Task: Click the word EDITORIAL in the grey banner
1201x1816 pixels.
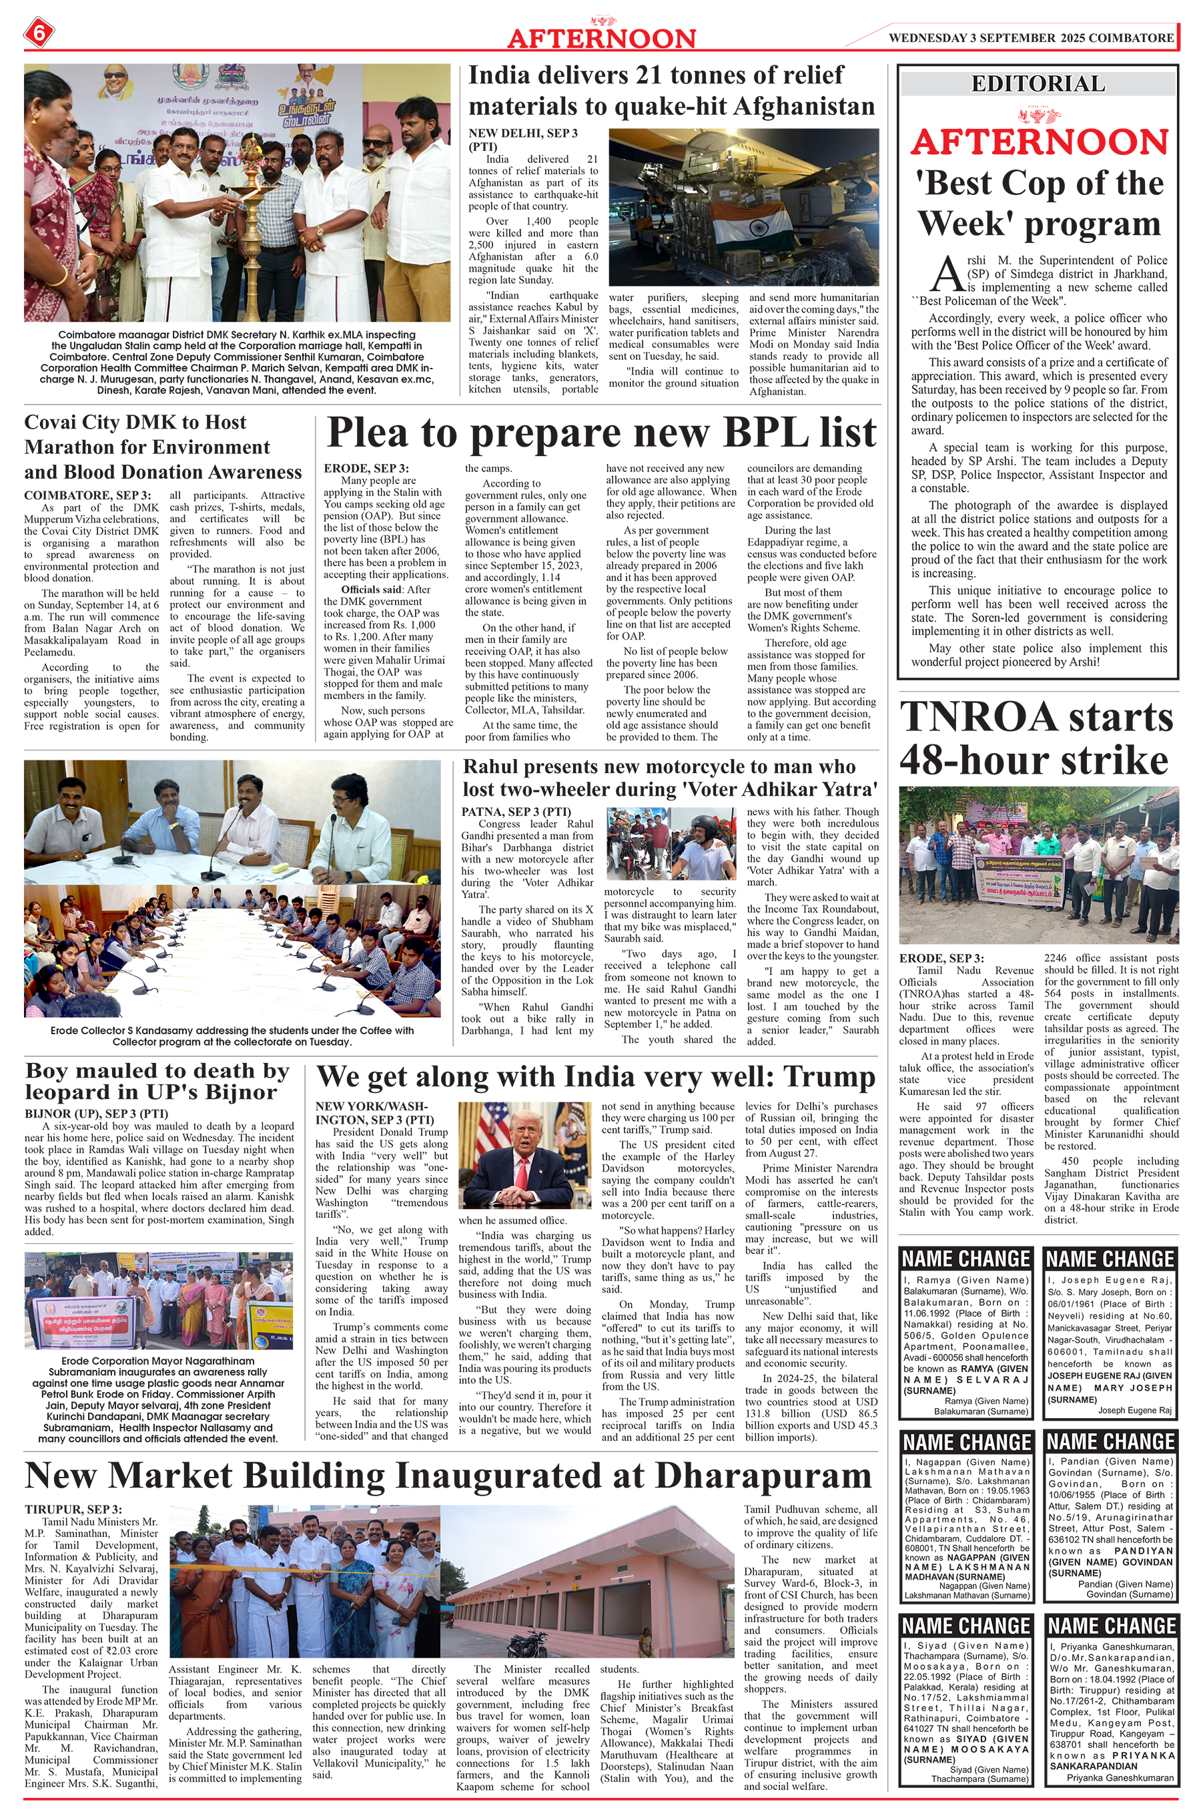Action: point(1038,83)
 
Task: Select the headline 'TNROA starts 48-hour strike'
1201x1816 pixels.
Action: point(1036,738)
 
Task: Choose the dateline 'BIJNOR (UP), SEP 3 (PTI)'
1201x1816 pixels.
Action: point(97,1114)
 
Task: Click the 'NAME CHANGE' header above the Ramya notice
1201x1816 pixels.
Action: point(966,1259)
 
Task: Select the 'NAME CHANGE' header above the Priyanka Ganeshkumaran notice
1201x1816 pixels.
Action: point(1112,1626)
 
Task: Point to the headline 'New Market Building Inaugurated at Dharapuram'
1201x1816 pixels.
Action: point(448,1475)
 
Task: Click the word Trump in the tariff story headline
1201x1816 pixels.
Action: point(833,1076)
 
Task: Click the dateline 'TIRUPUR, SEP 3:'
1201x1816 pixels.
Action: point(73,1509)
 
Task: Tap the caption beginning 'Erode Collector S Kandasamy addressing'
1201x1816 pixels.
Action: point(232,1036)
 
